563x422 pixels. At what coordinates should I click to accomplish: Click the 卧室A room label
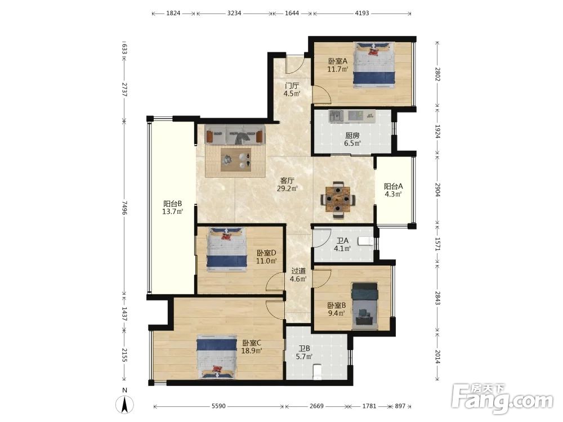(x=338, y=61)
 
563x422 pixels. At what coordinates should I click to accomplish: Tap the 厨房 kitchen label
(x=352, y=136)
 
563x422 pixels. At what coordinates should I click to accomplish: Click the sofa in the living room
(x=235, y=135)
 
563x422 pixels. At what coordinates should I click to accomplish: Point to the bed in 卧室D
(x=226, y=249)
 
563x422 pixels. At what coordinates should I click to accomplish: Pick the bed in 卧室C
(x=217, y=357)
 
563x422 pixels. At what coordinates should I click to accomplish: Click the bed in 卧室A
(x=374, y=65)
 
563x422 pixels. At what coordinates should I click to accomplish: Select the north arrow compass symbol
(x=124, y=405)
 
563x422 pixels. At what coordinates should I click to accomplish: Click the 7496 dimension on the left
(x=124, y=208)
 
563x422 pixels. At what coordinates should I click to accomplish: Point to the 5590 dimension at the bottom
(x=218, y=406)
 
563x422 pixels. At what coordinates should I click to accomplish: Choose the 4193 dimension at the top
(x=362, y=14)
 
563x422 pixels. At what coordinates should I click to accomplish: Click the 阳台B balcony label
(x=172, y=204)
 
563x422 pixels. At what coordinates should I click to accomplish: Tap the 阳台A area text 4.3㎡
(x=393, y=195)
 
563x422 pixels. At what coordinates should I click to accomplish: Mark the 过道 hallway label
(x=298, y=271)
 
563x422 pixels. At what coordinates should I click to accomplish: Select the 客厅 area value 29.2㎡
(x=287, y=188)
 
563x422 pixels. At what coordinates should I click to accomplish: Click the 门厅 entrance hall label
(x=292, y=86)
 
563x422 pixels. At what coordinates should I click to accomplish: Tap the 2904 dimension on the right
(x=437, y=190)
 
